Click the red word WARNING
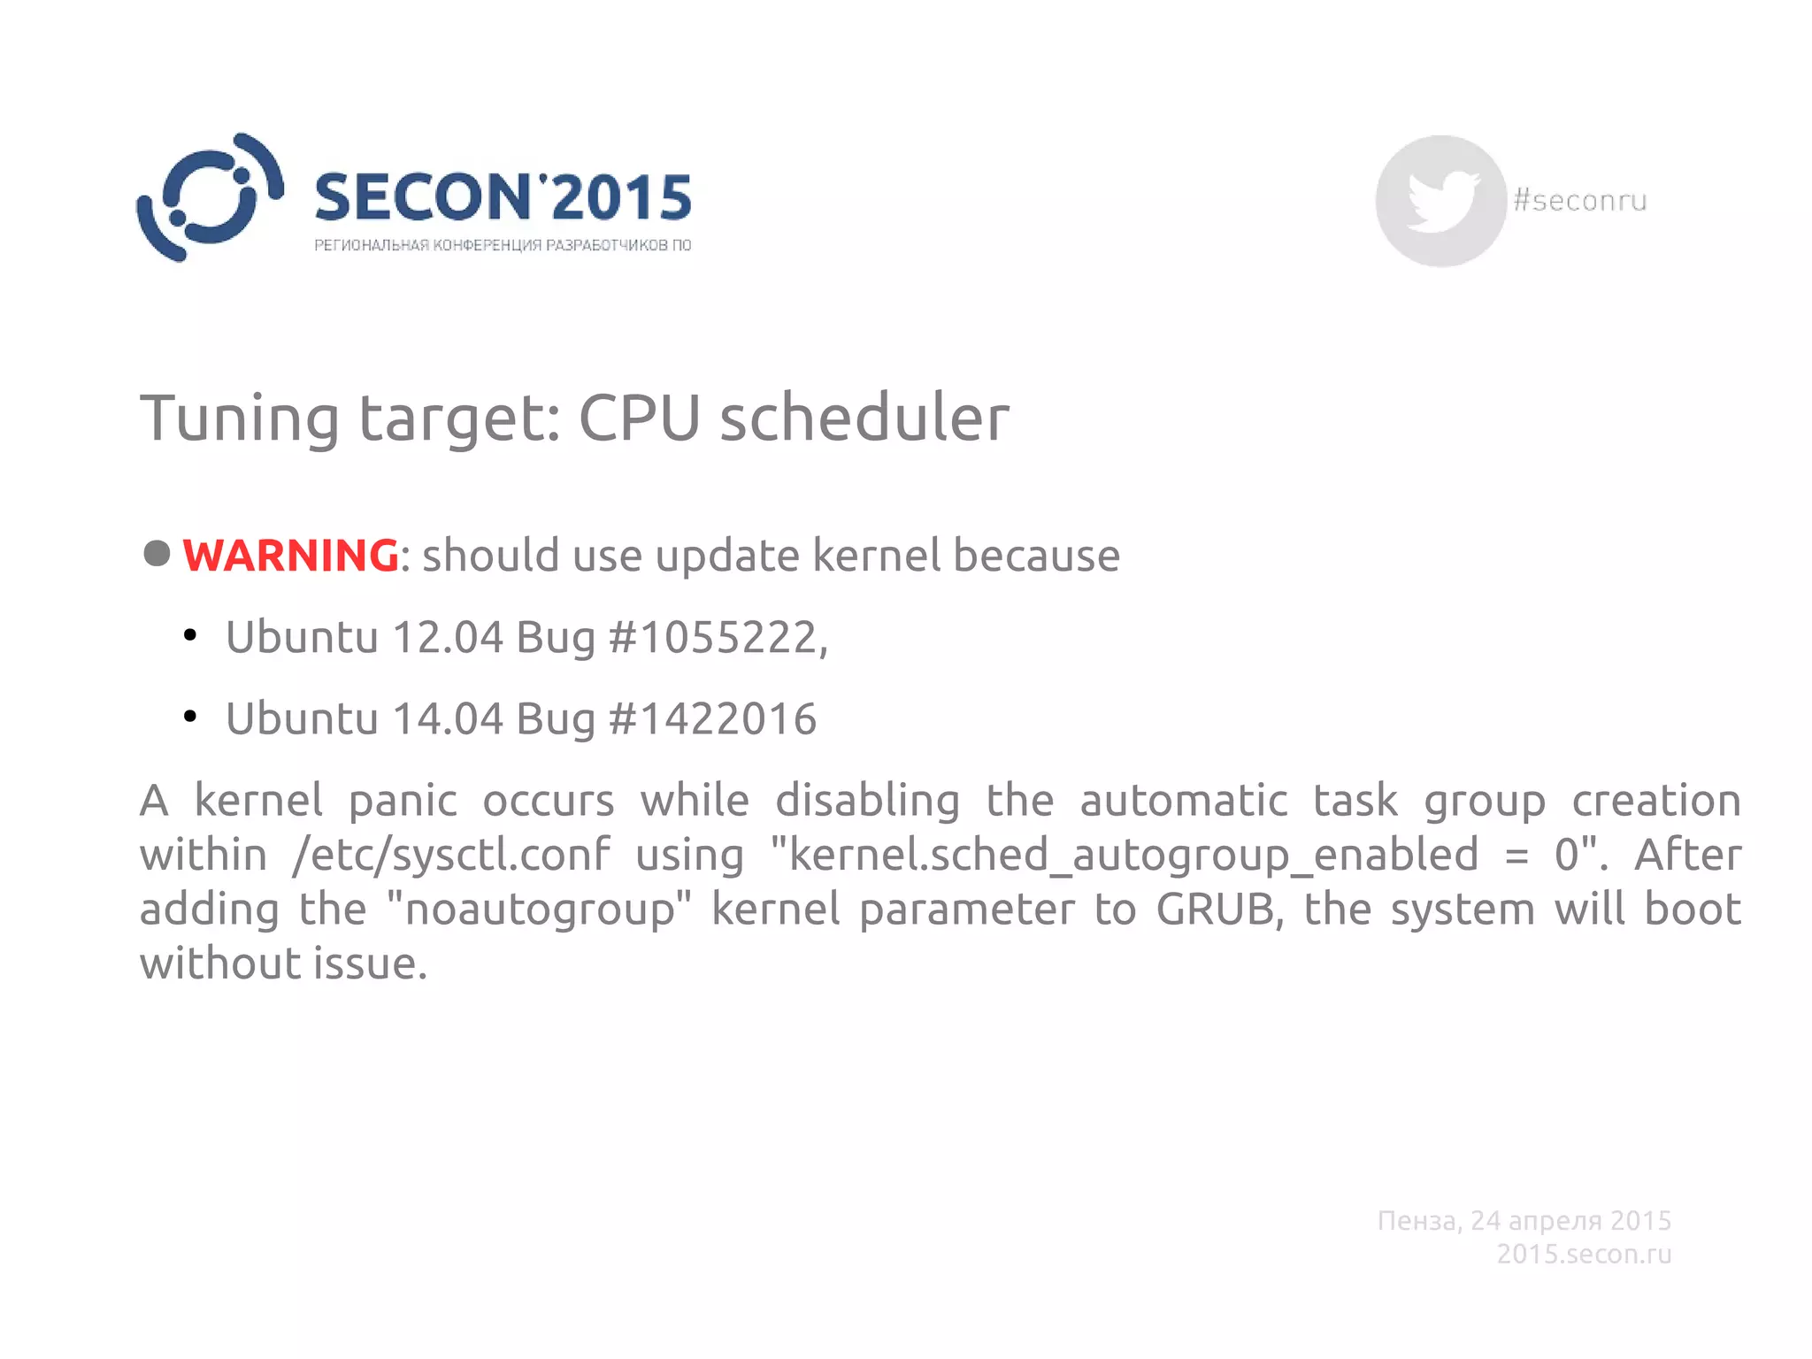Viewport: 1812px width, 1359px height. [x=290, y=556]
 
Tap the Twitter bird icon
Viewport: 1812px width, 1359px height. [x=1441, y=201]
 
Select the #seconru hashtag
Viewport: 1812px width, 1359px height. [x=1580, y=201]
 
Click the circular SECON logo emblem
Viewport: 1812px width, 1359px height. [x=210, y=197]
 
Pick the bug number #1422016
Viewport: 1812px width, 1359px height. [x=712, y=718]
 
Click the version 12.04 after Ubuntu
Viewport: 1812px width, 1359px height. [x=448, y=637]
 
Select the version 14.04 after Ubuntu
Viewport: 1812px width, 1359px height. [x=448, y=718]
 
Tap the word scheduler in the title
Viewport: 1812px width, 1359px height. [x=864, y=418]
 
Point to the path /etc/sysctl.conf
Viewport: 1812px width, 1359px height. [x=451, y=856]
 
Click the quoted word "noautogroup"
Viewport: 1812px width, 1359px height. [x=539, y=910]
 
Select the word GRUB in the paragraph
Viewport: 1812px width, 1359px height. [x=1219, y=910]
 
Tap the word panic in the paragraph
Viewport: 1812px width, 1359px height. [x=403, y=802]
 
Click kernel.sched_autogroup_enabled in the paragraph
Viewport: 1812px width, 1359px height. [x=1132, y=856]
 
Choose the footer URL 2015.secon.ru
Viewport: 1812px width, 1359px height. [x=1584, y=1254]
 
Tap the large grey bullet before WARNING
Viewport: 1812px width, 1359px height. [x=157, y=554]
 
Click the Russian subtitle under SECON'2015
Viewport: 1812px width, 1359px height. [x=503, y=245]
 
